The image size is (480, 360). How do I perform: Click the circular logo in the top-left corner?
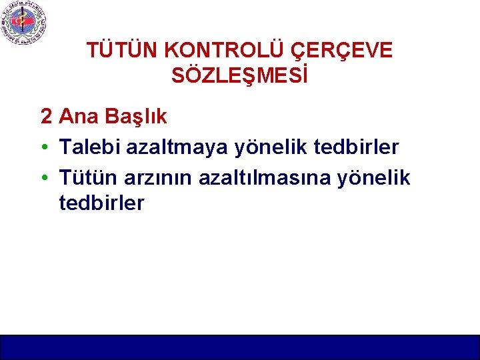[x=24, y=23]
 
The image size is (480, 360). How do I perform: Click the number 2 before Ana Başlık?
[x=47, y=117]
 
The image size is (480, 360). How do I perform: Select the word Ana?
[x=75, y=117]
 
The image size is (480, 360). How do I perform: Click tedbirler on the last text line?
[x=101, y=203]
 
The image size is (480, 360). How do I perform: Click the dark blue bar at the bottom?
[x=240, y=347]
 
